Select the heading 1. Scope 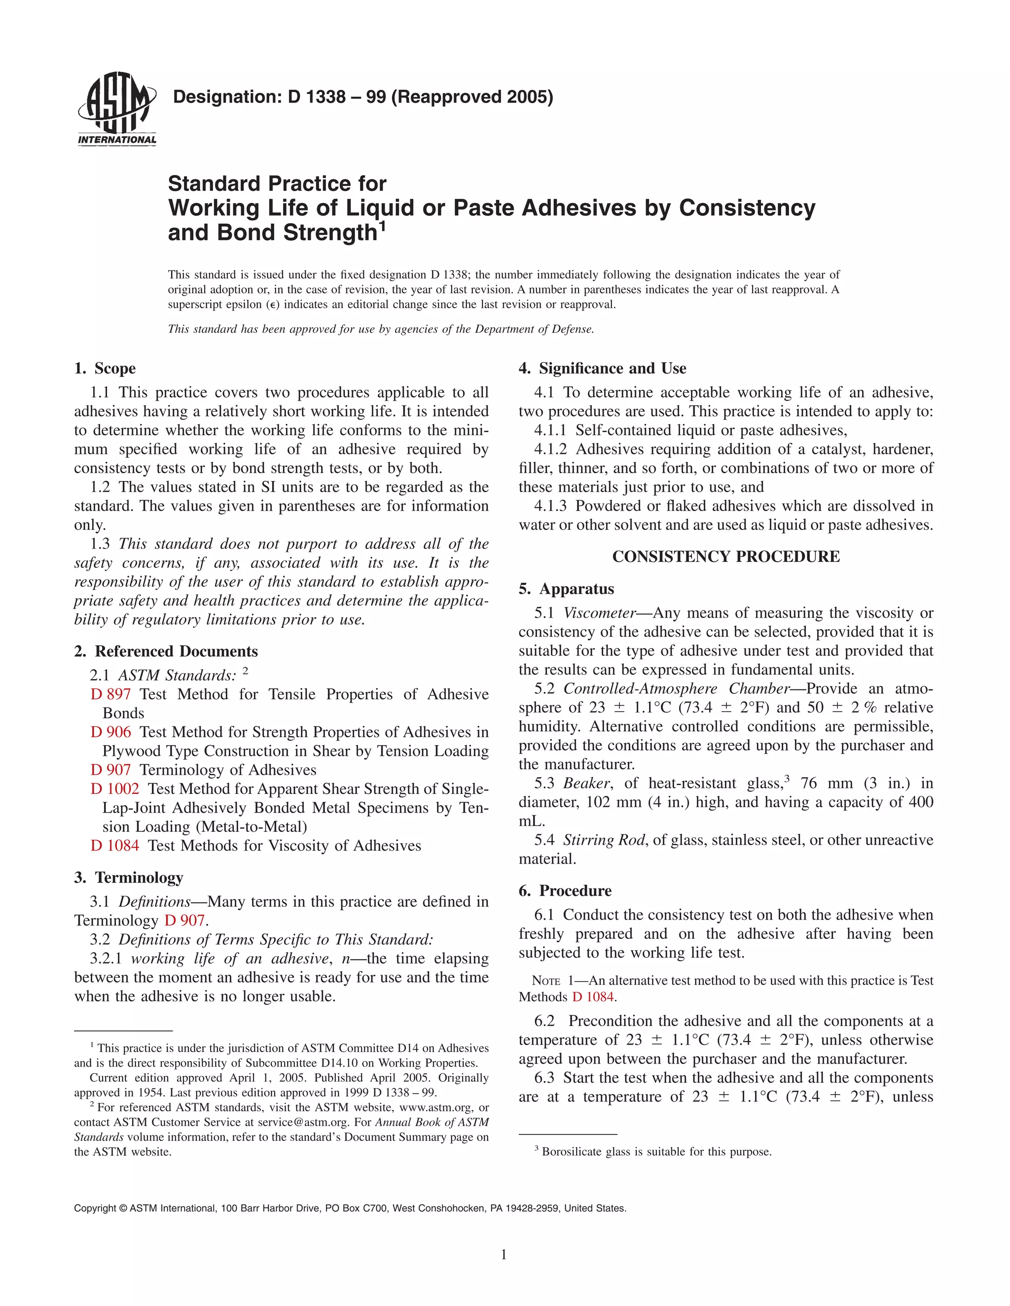(x=106, y=368)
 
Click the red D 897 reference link (x=110, y=694)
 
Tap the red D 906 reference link (x=110, y=732)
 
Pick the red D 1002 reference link (x=114, y=789)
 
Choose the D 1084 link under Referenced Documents (x=114, y=846)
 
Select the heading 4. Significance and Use (x=603, y=368)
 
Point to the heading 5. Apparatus (x=567, y=589)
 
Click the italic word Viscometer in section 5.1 (x=599, y=613)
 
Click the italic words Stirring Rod (x=603, y=840)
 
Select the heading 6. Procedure (x=565, y=891)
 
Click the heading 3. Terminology (x=129, y=878)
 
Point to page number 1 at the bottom (x=504, y=1255)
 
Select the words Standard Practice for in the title (x=277, y=184)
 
